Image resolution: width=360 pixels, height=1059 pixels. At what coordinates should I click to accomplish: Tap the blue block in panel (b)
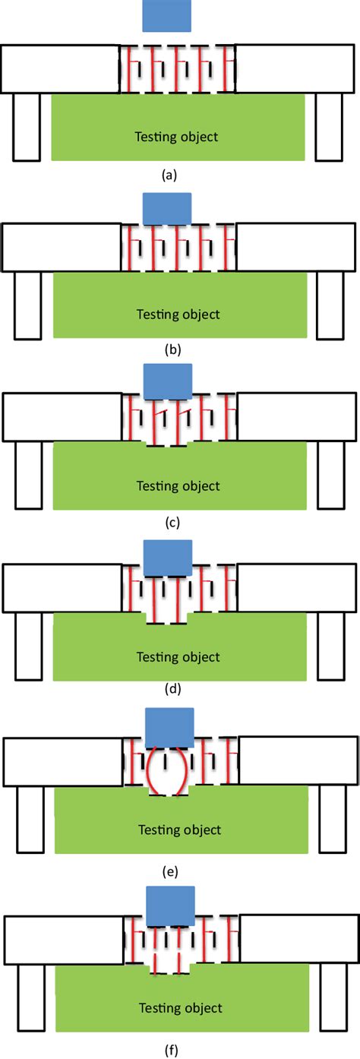166,208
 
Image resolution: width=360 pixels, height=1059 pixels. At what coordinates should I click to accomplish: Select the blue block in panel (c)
167,381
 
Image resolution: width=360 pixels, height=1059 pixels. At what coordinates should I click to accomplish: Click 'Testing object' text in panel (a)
176,137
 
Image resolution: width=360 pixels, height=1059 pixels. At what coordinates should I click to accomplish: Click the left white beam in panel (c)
62,419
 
